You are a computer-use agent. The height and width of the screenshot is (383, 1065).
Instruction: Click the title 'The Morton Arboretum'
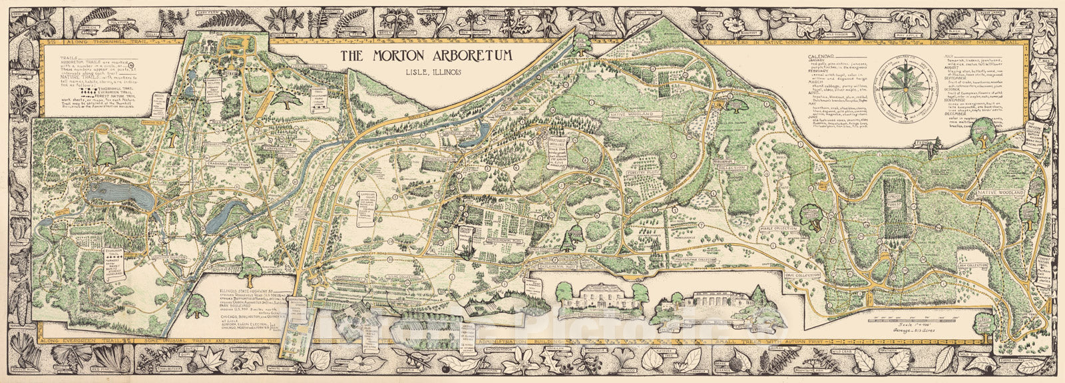(x=427, y=56)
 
